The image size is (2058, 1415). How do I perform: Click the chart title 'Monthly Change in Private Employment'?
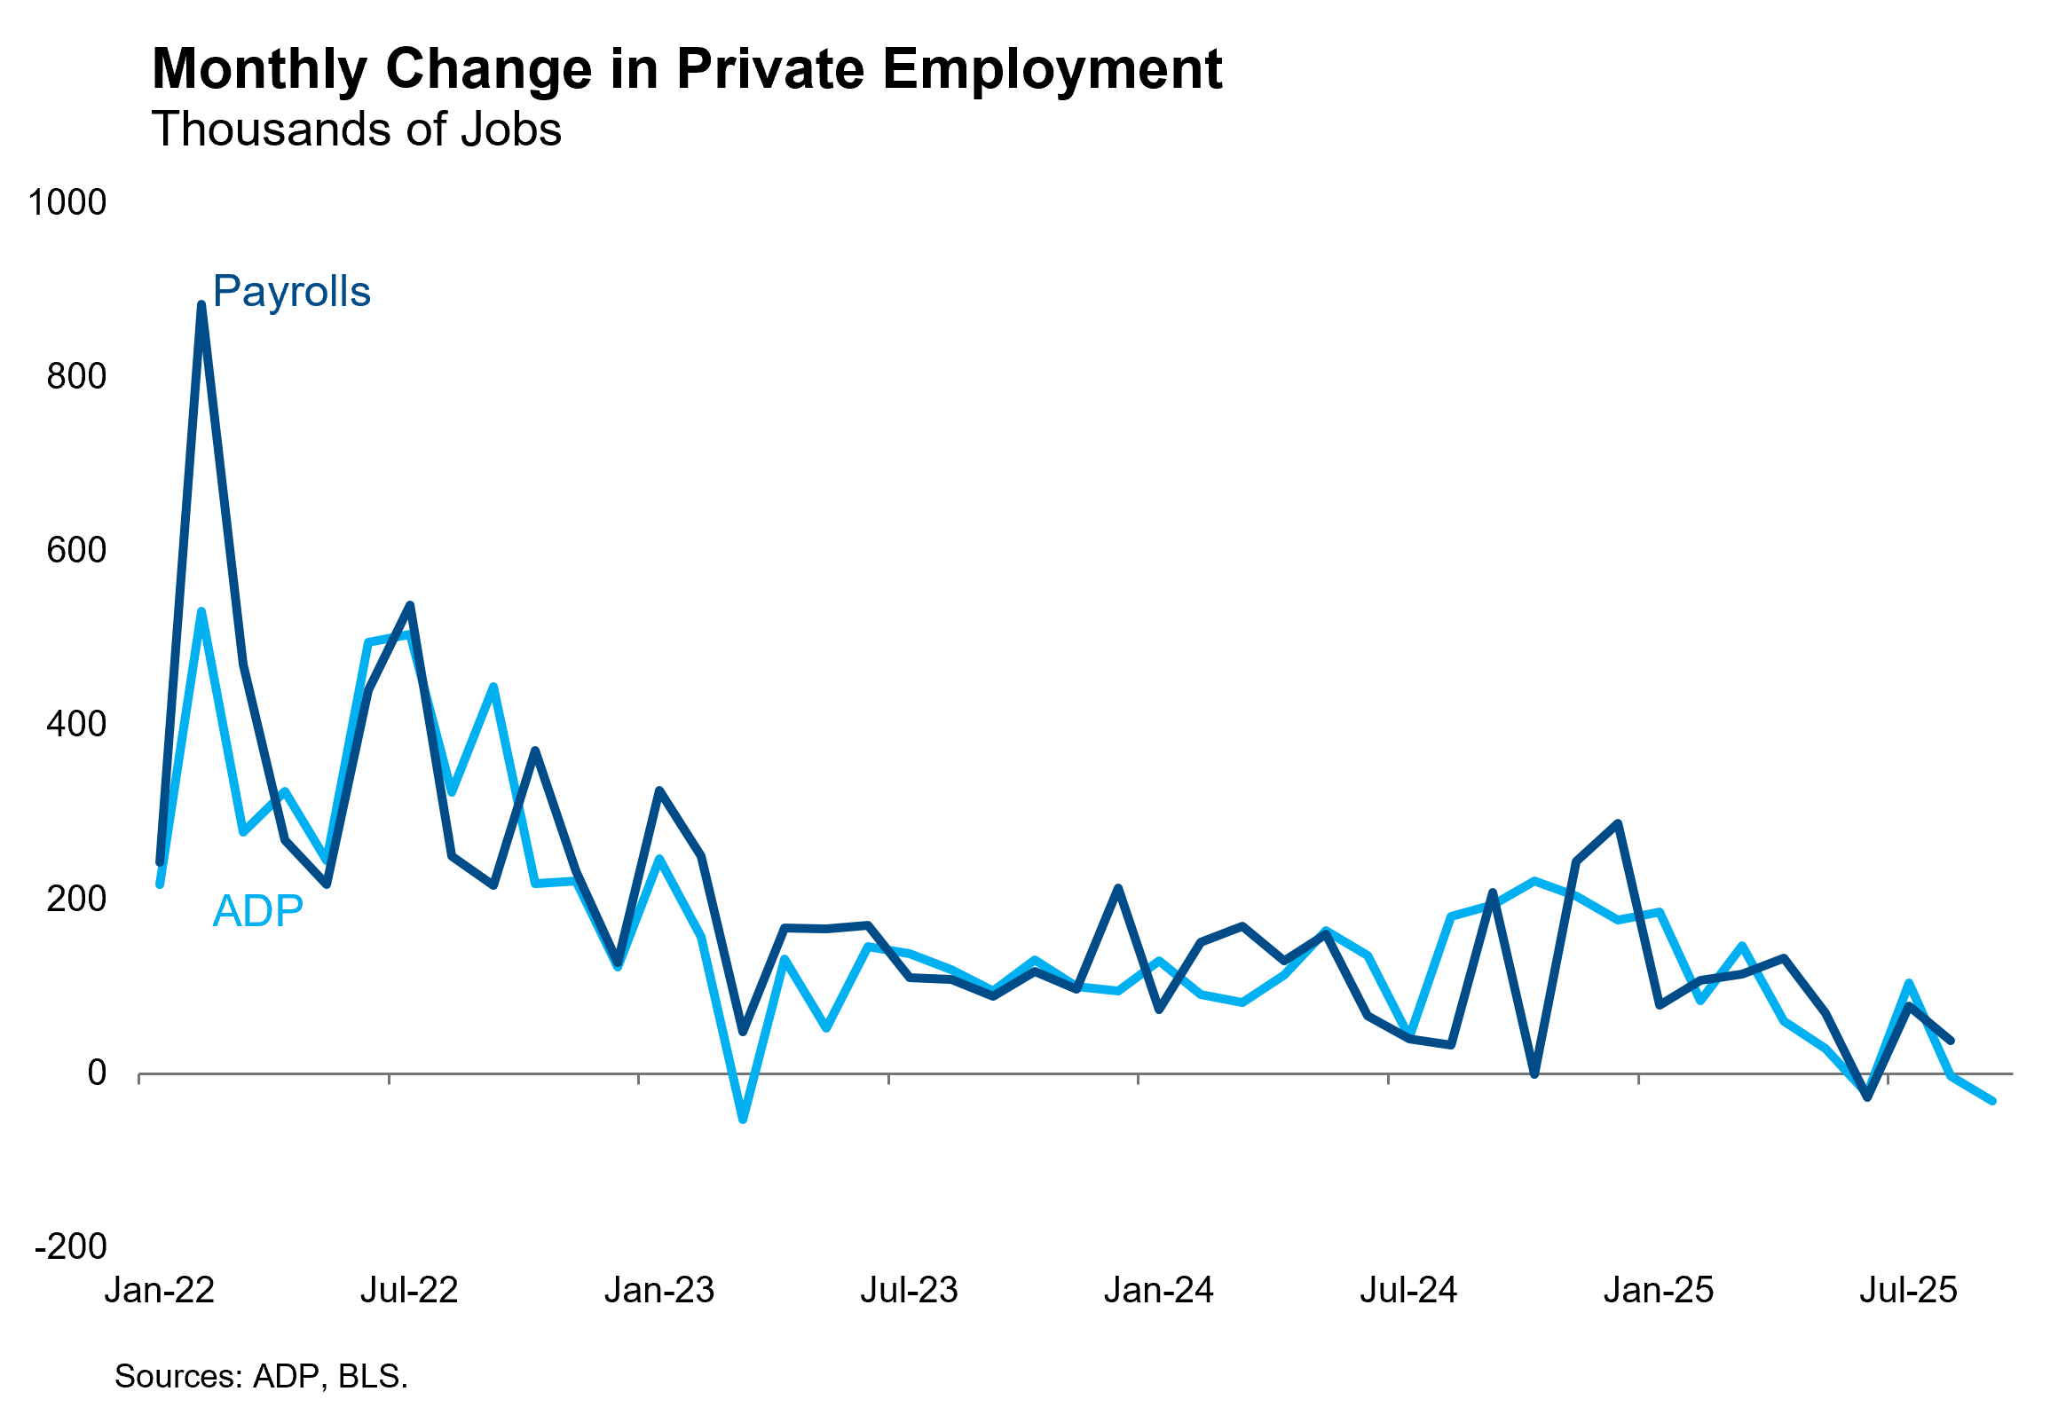click(x=687, y=69)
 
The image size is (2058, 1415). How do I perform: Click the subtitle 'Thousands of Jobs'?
click(x=357, y=130)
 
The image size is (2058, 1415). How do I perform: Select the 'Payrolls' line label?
click(x=291, y=292)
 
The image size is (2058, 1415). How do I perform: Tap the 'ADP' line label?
click(x=258, y=911)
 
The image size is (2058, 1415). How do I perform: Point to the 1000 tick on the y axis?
click(x=67, y=202)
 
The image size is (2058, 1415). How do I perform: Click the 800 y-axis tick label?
click(x=76, y=376)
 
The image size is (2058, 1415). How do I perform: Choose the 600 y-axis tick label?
click(x=76, y=550)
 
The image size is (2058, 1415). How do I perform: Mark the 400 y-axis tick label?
click(x=76, y=724)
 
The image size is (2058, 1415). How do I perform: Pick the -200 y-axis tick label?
click(x=71, y=1246)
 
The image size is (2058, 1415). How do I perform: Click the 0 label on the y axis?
click(x=97, y=1073)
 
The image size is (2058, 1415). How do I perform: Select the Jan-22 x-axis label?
click(x=160, y=1290)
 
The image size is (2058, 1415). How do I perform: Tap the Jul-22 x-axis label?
click(x=409, y=1290)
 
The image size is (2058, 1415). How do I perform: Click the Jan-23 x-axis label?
click(x=659, y=1290)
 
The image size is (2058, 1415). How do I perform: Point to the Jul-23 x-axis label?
click(x=909, y=1290)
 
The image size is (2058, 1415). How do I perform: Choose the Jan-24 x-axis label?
click(x=1159, y=1290)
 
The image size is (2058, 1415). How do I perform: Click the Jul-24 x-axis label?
click(x=1408, y=1290)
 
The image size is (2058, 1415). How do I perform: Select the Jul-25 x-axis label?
click(x=1908, y=1290)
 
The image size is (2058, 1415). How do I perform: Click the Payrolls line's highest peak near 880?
click(x=201, y=305)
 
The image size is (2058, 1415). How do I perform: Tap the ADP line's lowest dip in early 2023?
click(x=743, y=1120)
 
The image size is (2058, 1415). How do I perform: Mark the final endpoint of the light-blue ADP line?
click(x=1992, y=1100)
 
